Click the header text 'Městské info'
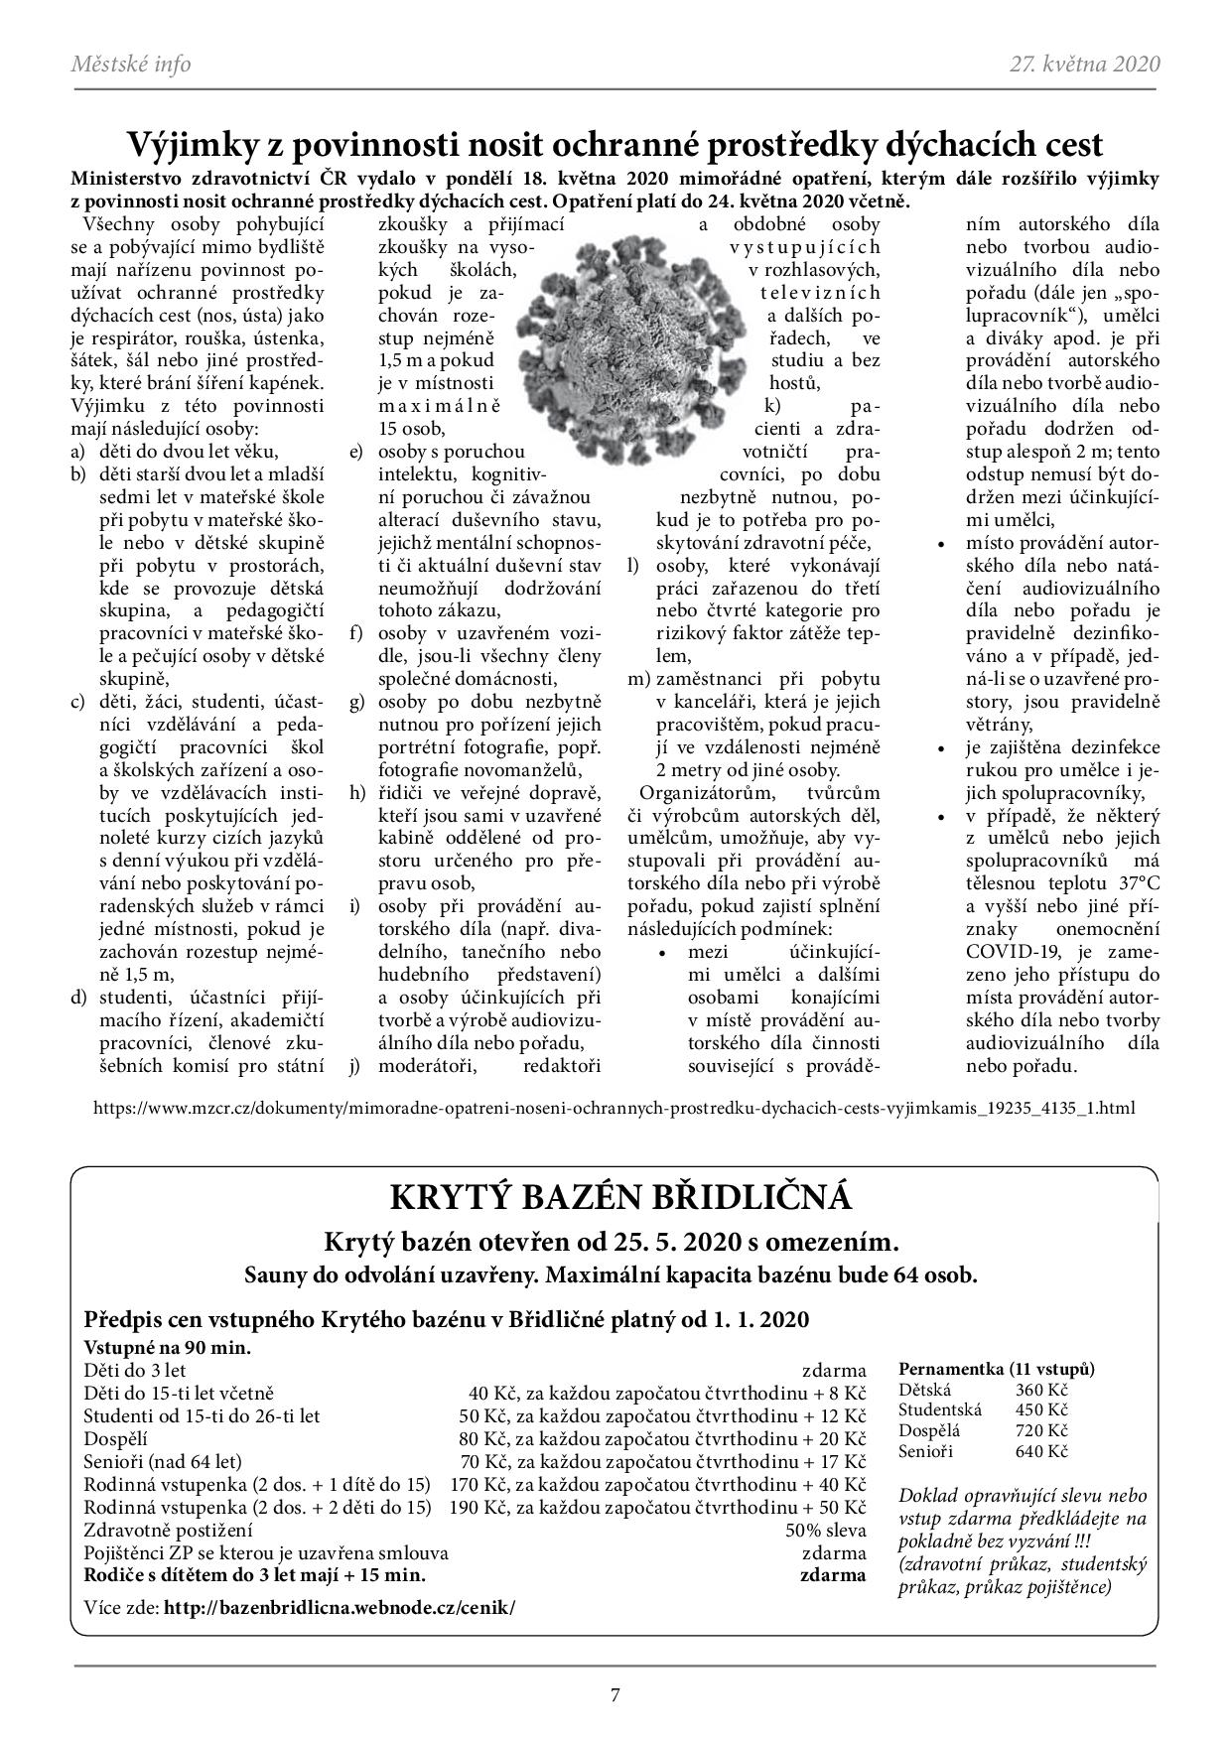[130, 65]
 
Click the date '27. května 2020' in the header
[1084, 65]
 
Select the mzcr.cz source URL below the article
[614, 1107]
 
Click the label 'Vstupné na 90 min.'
[168, 1348]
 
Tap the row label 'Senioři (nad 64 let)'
[163, 1461]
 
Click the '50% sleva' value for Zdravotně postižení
[825, 1530]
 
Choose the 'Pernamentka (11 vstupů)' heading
[996, 1369]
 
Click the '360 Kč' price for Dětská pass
[1041, 1390]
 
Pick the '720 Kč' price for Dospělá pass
[1041, 1430]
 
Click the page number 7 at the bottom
[615, 1695]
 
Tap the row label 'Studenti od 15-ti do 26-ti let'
[203, 1416]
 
